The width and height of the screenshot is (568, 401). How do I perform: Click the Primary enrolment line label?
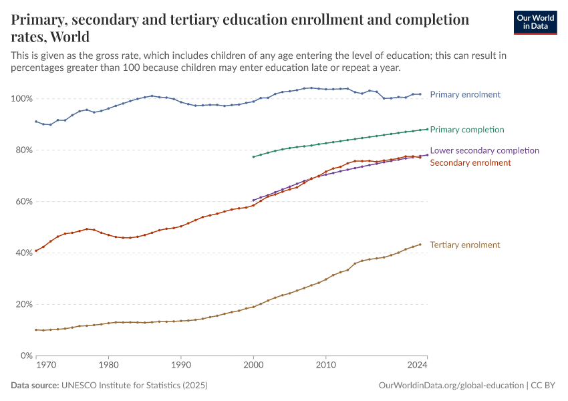(x=465, y=94)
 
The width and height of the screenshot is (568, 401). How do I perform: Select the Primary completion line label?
(x=467, y=129)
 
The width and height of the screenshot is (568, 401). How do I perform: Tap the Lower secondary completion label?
(x=484, y=150)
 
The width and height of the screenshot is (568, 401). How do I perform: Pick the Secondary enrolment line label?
(x=470, y=162)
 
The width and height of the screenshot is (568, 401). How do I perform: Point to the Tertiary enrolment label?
(x=465, y=245)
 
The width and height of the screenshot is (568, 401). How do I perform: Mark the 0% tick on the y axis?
(x=25, y=356)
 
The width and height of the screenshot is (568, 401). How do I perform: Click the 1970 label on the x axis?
(x=45, y=366)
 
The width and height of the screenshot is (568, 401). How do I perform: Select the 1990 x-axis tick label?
(x=180, y=366)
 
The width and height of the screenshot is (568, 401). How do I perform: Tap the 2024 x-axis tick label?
(x=417, y=366)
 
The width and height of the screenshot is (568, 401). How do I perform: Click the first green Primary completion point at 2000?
(x=253, y=157)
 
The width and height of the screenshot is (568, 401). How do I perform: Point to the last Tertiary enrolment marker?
(x=420, y=244)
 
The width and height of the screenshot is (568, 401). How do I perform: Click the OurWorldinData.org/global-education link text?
(x=451, y=386)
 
